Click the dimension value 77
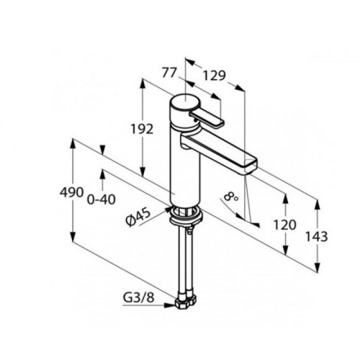(169, 73)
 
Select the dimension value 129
(215, 76)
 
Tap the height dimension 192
(142, 129)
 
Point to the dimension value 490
(71, 192)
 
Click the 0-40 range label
(101, 199)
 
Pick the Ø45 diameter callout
(138, 217)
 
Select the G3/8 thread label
(138, 297)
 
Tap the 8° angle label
(231, 197)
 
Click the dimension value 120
(285, 225)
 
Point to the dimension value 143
(316, 236)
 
